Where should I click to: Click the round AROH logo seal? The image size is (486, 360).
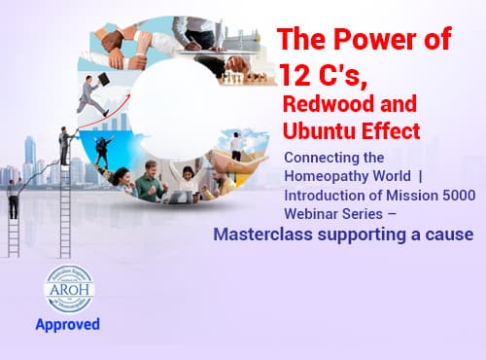(x=69, y=289)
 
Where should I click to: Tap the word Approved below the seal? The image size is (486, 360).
(x=69, y=324)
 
